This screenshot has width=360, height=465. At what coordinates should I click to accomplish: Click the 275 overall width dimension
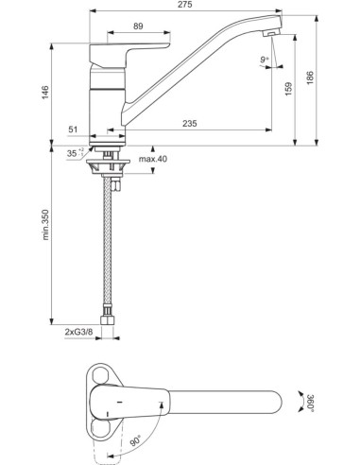click(180, 7)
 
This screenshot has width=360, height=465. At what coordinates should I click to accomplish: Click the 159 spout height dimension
click(290, 86)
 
